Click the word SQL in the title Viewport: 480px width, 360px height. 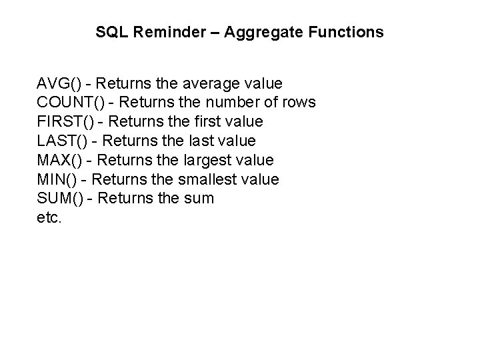(x=109, y=31)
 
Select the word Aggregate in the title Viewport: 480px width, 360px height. (x=256, y=32)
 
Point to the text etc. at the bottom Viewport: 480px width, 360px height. (x=50, y=217)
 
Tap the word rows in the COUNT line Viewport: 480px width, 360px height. (x=300, y=103)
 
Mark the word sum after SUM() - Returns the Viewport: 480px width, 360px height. (x=199, y=199)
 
